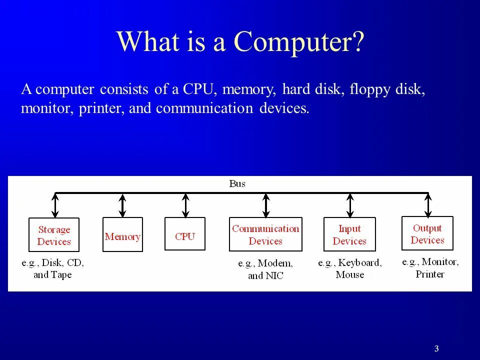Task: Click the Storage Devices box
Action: (54, 235)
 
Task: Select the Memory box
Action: (122, 235)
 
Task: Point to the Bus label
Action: (237, 183)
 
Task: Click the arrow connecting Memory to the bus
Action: (122, 205)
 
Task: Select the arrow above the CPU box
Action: (185, 205)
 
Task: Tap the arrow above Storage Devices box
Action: (55, 205)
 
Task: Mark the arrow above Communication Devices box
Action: (266, 205)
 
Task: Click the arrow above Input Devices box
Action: (349, 205)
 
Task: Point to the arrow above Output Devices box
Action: (428, 204)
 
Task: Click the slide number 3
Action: (436, 349)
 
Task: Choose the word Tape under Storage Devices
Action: (61, 274)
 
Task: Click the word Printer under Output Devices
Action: (430, 273)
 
